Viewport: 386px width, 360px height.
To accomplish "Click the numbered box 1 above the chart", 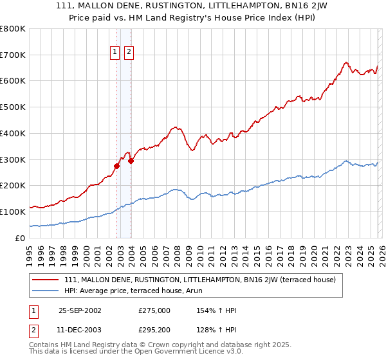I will (115, 52).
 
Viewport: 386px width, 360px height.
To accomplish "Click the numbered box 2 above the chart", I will (129, 52).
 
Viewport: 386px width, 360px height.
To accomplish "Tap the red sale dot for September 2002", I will (117, 166).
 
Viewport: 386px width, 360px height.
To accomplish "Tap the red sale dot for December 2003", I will (131, 161).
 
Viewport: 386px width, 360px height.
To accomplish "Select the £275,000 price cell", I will (154, 310).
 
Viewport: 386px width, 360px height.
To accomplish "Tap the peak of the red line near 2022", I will (346, 62).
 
